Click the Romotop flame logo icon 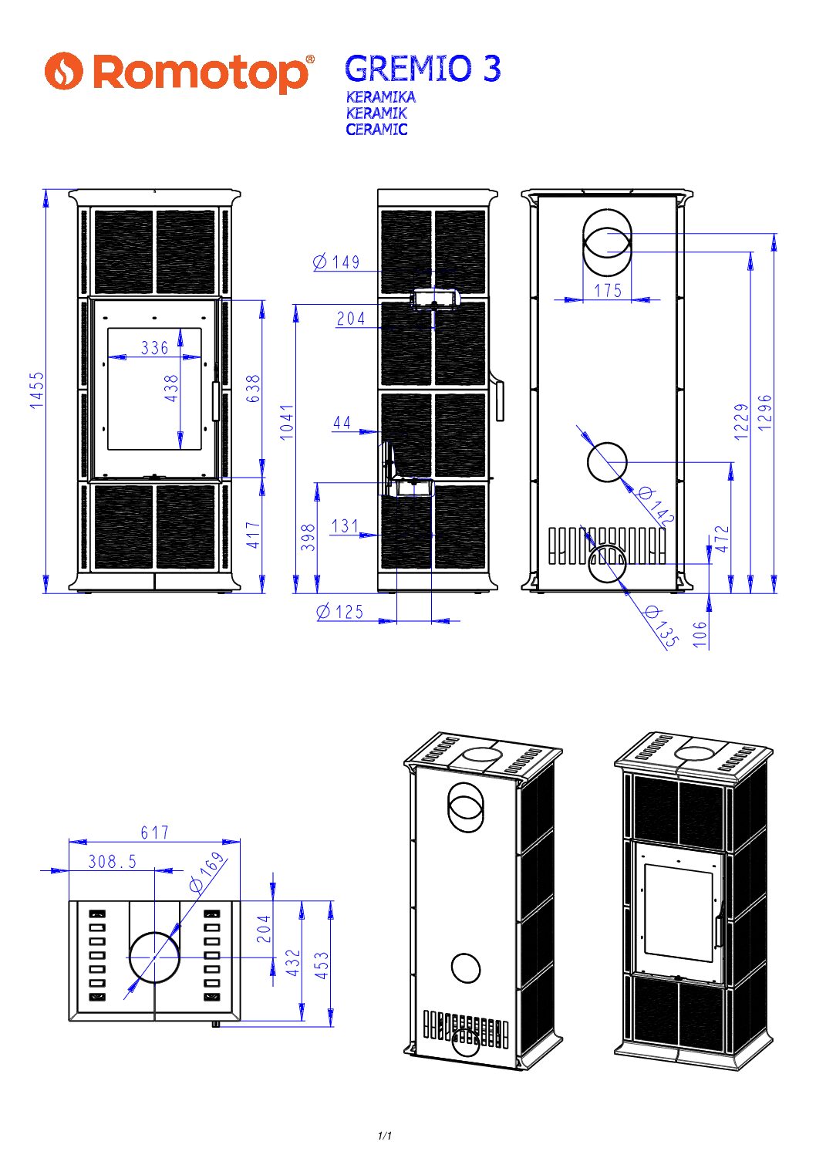63,71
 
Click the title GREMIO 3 423,69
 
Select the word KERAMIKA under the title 381,97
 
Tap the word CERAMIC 376,130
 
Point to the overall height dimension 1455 38,390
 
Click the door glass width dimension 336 155,348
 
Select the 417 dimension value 253,535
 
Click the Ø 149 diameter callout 336,262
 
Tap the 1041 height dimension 287,422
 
